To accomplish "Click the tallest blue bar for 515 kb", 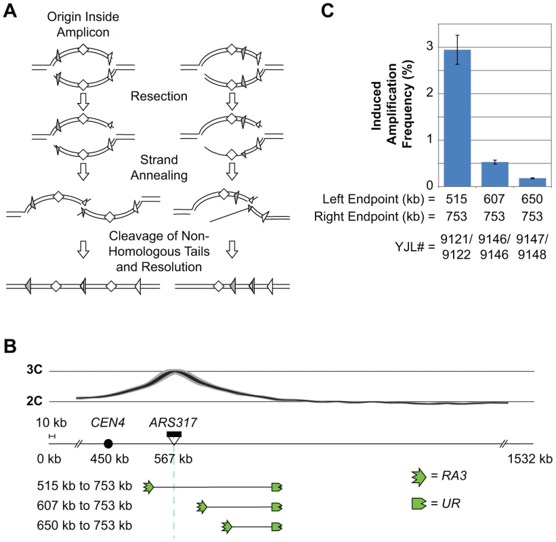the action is pos(457,118).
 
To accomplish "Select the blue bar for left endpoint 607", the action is pos(495,174).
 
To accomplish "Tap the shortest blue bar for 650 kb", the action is pos(532,182).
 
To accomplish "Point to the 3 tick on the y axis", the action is pos(430,46).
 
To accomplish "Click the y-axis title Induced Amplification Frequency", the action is pos(392,104).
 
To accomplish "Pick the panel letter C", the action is pos(327,11).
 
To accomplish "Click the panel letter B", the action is pos(10,346).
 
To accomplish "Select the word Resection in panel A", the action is pos(159,96).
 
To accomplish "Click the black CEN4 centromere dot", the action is pos(108,443).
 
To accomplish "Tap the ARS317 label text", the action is pos(173,423).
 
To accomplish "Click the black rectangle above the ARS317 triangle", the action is pos(174,434).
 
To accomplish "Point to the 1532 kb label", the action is pos(530,459).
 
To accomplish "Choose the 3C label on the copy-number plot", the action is pos(35,370).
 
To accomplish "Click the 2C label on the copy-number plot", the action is pos(35,401).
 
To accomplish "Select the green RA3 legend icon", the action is pos(419,477).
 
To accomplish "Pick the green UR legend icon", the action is pos(419,503).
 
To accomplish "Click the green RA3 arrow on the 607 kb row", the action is pos(202,507).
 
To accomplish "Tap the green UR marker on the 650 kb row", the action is pos(277,526).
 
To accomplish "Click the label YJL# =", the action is pos(415,247).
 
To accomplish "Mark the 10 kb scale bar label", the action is pos(51,423).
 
